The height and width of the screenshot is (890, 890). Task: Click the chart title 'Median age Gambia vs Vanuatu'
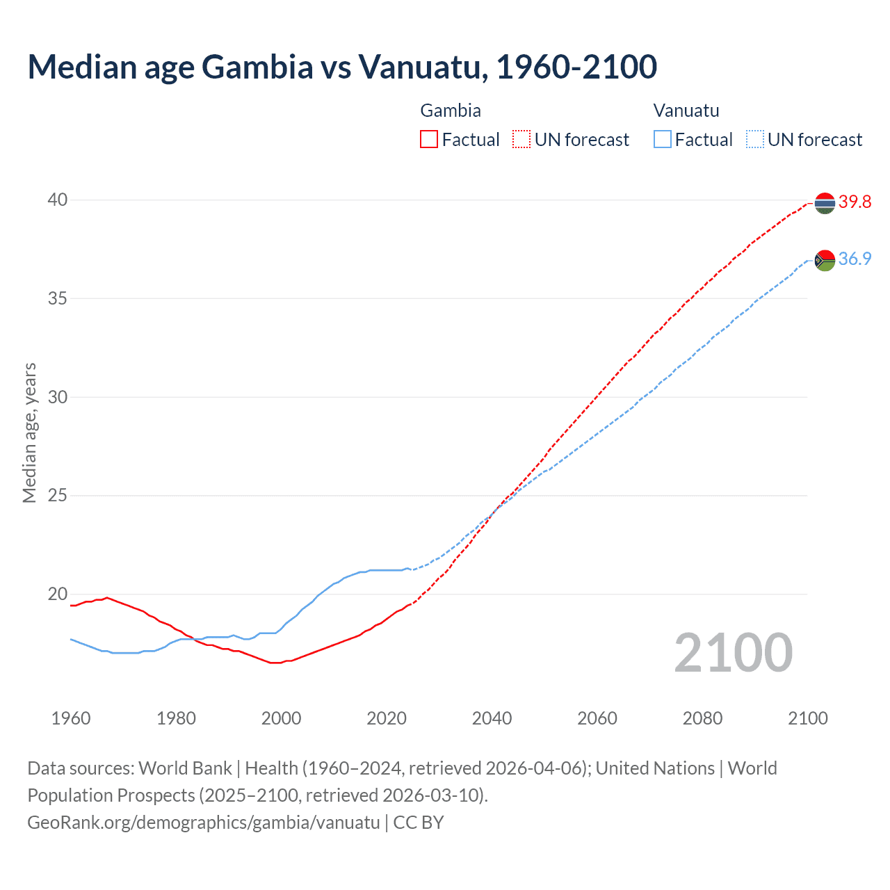click(342, 67)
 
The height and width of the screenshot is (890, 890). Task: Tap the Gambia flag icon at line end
click(825, 203)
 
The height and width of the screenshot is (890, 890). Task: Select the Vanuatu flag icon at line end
click(825, 260)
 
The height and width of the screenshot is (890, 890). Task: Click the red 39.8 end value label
click(855, 202)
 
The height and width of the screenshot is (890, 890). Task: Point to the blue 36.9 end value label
click(855, 259)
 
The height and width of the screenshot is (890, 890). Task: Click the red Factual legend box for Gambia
click(429, 140)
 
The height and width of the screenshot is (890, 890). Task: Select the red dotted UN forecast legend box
click(521, 140)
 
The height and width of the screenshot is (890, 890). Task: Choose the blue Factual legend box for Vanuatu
click(662, 140)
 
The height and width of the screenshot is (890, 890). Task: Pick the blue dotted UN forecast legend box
click(754, 140)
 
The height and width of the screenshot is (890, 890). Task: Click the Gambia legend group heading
click(451, 111)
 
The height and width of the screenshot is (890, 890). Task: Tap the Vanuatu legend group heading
click(686, 111)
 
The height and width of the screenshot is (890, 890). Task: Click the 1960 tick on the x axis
click(71, 718)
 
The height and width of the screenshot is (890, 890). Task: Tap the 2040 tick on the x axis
click(492, 718)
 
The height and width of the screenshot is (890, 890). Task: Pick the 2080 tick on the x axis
click(702, 718)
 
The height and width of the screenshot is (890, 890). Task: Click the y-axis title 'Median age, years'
click(29, 432)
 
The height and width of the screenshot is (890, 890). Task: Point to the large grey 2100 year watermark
click(733, 653)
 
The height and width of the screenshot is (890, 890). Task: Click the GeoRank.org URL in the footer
click(204, 823)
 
